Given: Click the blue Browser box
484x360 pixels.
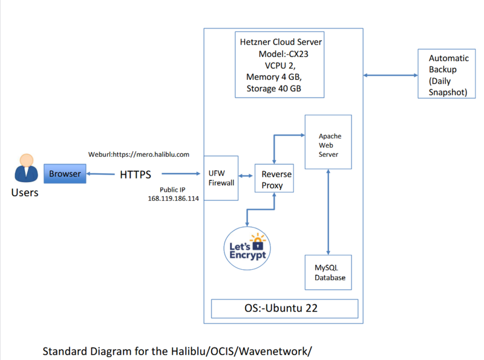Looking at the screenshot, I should (x=65, y=174).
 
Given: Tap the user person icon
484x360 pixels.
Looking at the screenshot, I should (x=25, y=169).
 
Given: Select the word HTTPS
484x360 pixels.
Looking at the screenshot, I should (x=136, y=175).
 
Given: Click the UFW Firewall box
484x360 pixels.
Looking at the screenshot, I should (x=221, y=177).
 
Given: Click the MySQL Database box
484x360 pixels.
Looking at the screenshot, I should (x=329, y=272).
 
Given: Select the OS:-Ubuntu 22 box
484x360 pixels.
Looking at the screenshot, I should (x=284, y=308).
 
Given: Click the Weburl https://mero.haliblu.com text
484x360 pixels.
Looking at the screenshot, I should (x=139, y=154).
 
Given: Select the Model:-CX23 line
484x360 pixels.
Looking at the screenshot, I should (x=279, y=54).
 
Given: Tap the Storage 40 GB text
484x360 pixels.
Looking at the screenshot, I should (x=273, y=89).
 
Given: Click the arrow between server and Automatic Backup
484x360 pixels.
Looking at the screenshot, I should (x=390, y=76).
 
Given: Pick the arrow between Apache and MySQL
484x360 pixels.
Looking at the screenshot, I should (x=329, y=212).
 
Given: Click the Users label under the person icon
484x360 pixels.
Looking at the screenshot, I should (x=25, y=193).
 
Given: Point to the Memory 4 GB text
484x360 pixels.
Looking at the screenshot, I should (x=273, y=77).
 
